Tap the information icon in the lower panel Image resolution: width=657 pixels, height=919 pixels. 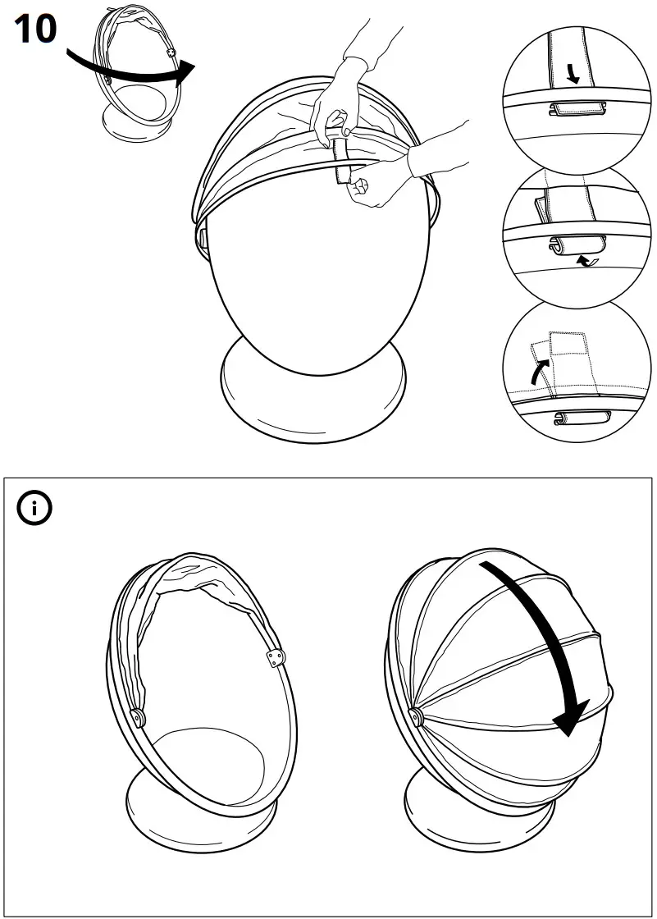34,509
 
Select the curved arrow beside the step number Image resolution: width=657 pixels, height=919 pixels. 131,70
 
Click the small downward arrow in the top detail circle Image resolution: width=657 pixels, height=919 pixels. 573,75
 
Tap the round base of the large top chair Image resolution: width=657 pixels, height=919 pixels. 313,386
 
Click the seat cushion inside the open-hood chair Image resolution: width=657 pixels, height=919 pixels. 209,763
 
